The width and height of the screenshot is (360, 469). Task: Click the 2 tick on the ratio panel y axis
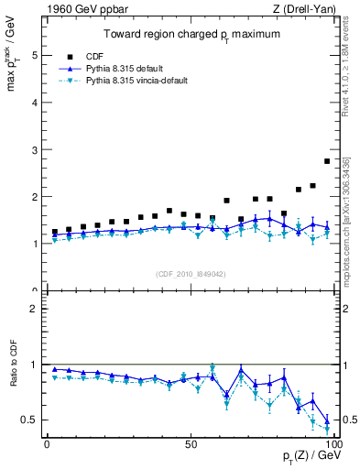[35, 309]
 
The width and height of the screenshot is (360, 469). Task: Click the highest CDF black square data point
[327, 161]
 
